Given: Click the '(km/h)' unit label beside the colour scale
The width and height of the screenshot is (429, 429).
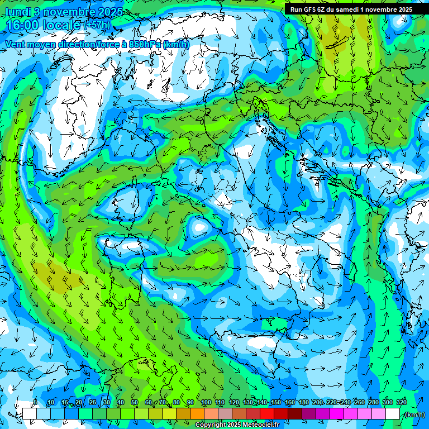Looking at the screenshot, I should tap(414, 414).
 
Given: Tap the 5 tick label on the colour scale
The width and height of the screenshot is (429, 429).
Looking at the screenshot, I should tap(35, 403).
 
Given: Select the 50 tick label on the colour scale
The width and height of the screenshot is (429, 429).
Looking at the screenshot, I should tap(135, 403).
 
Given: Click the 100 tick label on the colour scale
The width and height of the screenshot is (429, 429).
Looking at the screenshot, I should tap(206, 403).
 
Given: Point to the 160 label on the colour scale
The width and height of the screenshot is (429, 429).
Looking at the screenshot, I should tap(290, 403).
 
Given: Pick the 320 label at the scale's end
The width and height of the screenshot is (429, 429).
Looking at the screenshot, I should tap(402, 403).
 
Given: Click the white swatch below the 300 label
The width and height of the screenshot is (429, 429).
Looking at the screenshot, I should tap(393, 413).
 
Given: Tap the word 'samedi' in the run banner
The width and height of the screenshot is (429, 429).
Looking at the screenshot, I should tap(347, 9).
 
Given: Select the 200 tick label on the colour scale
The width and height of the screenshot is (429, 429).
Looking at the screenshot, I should tap(318, 403).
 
